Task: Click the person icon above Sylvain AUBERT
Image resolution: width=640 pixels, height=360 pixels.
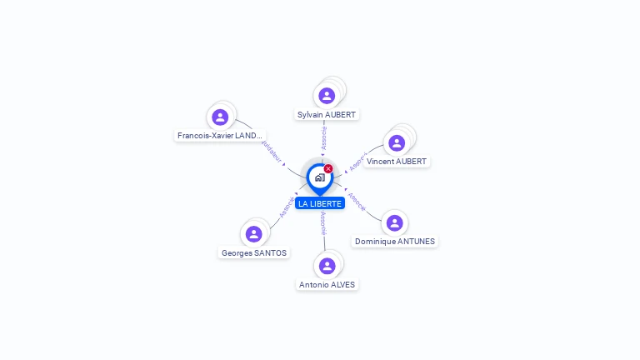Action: tap(327, 95)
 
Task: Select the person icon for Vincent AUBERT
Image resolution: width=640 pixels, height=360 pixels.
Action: tap(397, 142)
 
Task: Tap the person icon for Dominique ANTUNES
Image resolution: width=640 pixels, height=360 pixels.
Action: tap(394, 222)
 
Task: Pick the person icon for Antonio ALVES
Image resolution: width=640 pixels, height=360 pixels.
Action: tap(327, 266)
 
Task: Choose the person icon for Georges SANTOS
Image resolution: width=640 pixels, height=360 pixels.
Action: tap(253, 234)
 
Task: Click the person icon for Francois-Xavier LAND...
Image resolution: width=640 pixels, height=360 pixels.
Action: tap(220, 117)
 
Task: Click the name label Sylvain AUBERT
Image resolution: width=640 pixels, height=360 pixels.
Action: tap(327, 114)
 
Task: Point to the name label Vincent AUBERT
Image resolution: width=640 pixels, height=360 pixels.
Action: tap(397, 162)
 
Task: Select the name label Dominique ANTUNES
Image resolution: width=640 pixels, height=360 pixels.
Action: tap(394, 242)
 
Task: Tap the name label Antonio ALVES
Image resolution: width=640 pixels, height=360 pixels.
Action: tap(327, 285)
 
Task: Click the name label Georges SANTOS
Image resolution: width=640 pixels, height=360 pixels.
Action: tap(253, 252)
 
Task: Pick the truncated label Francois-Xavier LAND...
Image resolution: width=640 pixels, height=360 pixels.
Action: tap(220, 135)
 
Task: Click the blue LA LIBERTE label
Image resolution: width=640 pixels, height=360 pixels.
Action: tap(320, 204)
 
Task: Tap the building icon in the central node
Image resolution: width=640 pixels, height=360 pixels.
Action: tap(319, 177)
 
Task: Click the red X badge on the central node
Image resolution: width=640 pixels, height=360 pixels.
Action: tap(328, 169)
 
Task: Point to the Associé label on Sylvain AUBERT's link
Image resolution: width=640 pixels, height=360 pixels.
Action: tap(324, 138)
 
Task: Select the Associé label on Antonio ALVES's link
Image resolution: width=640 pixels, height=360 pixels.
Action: tap(323, 224)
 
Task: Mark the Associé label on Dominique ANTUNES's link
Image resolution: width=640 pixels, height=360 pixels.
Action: tap(356, 202)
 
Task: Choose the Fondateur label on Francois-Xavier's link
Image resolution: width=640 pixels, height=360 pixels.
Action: tap(272, 151)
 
